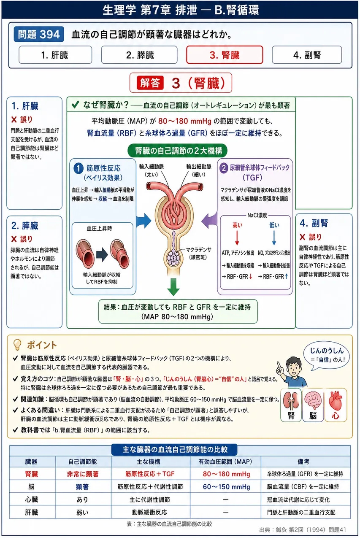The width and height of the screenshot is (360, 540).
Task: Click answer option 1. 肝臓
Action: pos(55,55)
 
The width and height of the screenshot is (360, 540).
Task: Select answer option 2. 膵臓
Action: pos(139,55)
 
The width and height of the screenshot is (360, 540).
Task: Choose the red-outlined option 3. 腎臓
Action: pos(225,55)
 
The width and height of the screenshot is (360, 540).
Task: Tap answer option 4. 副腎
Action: pos(307,55)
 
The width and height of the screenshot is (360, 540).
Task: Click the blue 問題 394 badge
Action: pos(39,34)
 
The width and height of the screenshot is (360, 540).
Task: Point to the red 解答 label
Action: pos(150,83)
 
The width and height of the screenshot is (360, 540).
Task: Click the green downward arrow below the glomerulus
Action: pos(173,286)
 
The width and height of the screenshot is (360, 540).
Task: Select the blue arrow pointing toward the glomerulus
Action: pos(144,220)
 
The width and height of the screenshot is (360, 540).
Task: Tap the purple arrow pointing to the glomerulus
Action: pos(209,220)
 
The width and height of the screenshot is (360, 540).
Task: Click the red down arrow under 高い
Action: pos(237,238)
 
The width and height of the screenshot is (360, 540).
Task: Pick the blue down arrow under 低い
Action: pos(274,238)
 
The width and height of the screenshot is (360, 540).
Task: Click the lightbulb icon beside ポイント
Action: pos(17,345)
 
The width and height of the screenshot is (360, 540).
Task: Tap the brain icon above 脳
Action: pos(313,400)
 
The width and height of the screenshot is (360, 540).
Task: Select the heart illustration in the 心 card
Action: pos(336,400)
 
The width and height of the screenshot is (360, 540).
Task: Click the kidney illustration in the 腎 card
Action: pos(291,401)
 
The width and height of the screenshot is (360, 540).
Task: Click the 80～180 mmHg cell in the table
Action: pos(226,474)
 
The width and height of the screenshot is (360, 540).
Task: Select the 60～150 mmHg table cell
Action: pos(226,487)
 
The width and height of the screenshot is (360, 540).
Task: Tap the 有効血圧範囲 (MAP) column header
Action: pos(225,462)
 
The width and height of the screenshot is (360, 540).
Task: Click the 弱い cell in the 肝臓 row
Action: pos(82,512)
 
